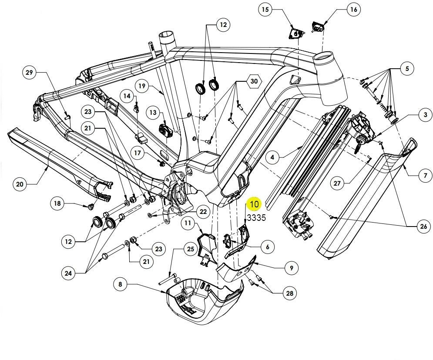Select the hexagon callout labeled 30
[254, 81]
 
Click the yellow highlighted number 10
[254, 204]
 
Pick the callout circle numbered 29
[29, 73]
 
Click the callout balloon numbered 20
[20, 184]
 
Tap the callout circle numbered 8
[120, 285]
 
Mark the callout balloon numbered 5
[407, 68]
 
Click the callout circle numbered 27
[337, 183]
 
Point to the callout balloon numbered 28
[289, 294]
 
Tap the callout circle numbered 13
[153, 113]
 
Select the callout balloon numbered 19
[141, 86]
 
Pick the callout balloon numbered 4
[272, 157]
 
